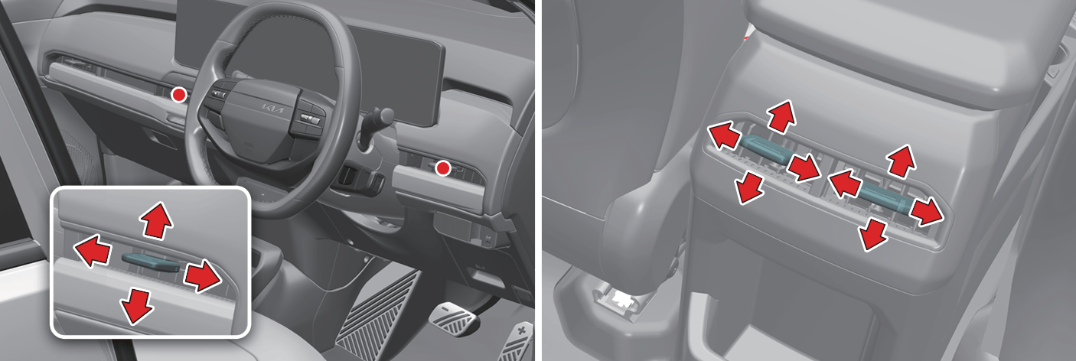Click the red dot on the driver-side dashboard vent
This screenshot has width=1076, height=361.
(x=179, y=95)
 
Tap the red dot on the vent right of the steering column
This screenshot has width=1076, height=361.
(x=442, y=168)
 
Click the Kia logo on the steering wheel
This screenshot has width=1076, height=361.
(x=272, y=109)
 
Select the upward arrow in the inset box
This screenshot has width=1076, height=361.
(x=156, y=220)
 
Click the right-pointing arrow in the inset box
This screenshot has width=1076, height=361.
(x=203, y=276)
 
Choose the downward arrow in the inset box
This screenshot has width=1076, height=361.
(x=136, y=305)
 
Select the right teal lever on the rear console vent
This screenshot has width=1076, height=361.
(x=883, y=199)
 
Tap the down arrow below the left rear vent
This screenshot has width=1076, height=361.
(x=750, y=187)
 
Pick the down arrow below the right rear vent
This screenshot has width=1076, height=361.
(x=872, y=234)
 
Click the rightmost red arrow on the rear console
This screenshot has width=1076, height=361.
(x=927, y=211)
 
